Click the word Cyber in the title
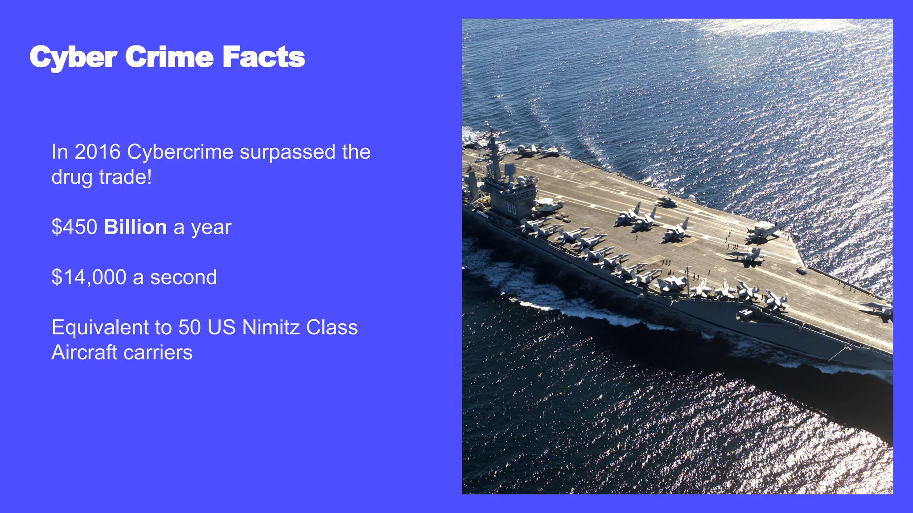pos(73,57)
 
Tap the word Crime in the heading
pos(169,57)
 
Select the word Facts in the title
pos(263,57)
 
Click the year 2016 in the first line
pos(98,152)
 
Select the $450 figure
pos(74,227)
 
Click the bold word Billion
pos(136,227)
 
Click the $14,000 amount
pos(89,277)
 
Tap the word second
pos(183,277)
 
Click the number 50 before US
pos(189,327)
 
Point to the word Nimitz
pos(271,327)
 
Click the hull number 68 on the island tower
pos(511,208)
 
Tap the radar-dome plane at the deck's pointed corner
pos(763,229)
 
